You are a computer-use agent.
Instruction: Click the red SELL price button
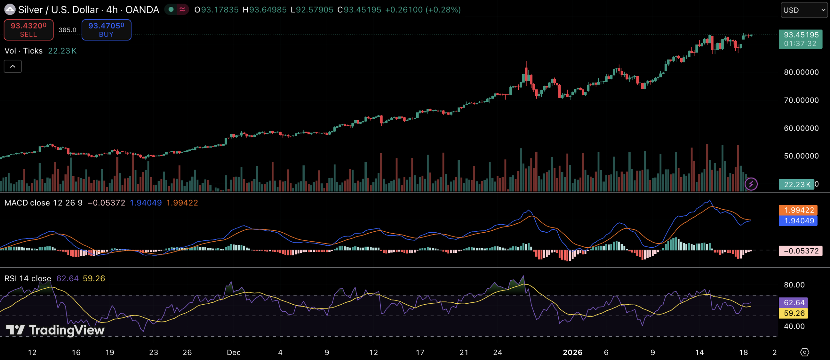[x=29, y=30]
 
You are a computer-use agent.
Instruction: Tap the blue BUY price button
[x=106, y=30]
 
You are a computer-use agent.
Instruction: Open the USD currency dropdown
[x=803, y=10]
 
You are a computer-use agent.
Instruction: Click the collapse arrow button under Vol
[x=13, y=66]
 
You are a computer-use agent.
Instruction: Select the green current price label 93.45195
[x=800, y=39]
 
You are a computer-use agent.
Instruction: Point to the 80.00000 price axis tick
[x=801, y=72]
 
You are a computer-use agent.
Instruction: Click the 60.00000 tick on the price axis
[x=801, y=128]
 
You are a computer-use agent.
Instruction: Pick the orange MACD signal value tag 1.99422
[x=798, y=210]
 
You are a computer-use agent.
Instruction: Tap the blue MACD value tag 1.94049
[x=798, y=221]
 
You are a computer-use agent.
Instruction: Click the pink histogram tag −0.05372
[x=800, y=251]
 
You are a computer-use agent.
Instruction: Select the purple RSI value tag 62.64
[x=794, y=303]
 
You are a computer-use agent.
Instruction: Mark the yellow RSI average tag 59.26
[x=794, y=313]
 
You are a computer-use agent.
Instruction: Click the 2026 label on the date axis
[x=572, y=353]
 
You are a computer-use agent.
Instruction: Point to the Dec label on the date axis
[x=233, y=353]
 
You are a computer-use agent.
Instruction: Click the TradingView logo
[x=55, y=330]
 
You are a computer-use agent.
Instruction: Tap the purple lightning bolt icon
[x=751, y=184]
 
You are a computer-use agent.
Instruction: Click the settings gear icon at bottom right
[x=805, y=352]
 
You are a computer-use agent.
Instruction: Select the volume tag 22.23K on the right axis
[x=796, y=185]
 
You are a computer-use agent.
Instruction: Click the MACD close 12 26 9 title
[x=43, y=203]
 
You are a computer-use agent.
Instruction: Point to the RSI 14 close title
[x=28, y=279]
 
